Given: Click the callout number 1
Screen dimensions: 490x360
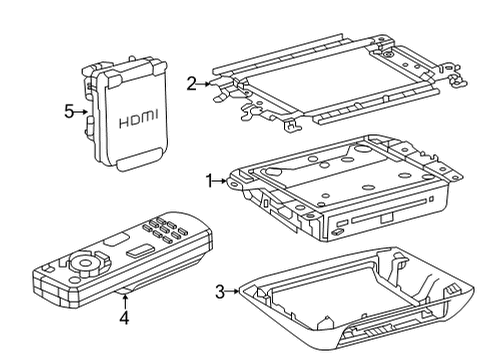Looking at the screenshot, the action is click(x=209, y=181).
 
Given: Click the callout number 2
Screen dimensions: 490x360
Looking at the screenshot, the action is click(x=191, y=84).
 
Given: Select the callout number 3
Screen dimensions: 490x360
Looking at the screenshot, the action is click(x=220, y=292).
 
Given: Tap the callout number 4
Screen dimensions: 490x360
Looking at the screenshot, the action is click(x=124, y=318).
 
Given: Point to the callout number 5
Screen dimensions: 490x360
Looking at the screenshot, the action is click(x=69, y=111).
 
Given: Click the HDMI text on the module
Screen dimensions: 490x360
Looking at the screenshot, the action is click(x=139, y=119).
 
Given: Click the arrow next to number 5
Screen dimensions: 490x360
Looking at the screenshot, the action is click(x=80, y=112).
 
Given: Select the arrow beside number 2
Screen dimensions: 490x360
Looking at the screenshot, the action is click(x=203, y=84).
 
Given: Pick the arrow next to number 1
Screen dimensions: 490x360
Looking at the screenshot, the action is click(x=220, y=181).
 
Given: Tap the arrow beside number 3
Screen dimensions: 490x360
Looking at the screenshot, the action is click(x=232, y=291).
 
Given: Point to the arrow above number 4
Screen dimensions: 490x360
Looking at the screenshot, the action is click(x=125, y=302).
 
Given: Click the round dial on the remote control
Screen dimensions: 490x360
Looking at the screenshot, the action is click(x=84, y=262).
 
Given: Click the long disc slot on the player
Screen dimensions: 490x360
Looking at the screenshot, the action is click(x=388, y=211).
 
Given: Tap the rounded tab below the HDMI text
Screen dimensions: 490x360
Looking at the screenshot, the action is click(x=139, y=160).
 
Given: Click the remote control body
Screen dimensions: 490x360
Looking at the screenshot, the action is click(x=123, y=258).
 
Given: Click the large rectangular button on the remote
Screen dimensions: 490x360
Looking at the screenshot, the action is click(x=140, y=250).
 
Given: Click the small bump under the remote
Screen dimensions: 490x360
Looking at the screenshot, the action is click(x=125, y=292).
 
